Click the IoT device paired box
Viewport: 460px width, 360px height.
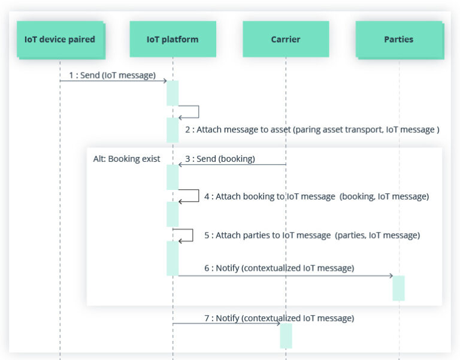pyautogui.click(x=60, y=40)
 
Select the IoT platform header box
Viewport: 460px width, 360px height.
pyautogui.click(x=172, y=39)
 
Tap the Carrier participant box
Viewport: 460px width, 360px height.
pyautogui.click(x=286, y=39)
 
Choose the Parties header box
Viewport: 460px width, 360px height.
pyautogui.click(x=400, y=40)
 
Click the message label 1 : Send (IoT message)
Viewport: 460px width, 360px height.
pyautogui.click(x=112, y=75)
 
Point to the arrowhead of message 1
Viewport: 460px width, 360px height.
pyautogui.click(x=165, y=81)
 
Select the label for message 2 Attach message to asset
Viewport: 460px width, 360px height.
pyautogui.click(x=312, y=129)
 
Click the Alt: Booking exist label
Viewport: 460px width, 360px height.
pyautogui.click(x=126, y=159)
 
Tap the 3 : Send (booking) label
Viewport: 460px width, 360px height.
pyautogui.click(x=220, y=159)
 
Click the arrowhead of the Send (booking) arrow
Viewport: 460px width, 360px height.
pyautogui.click(x=180, y=165)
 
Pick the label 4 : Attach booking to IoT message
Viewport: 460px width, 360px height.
pyautogui.click(x=316, y=196)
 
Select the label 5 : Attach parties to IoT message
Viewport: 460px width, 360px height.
pyautogui.click(x=312, y=235)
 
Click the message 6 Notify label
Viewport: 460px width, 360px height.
pyautogui.click(x=279, y=268)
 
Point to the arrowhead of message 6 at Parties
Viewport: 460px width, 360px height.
pyautogui.click(x=391, y=276)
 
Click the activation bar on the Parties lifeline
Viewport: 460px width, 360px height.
pyautogui.click(x=399, y=288)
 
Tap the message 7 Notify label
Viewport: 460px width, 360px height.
pyautogui.click(x=279, y=318)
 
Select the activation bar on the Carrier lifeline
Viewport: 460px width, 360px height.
pyautogui.click(x=286, y=336)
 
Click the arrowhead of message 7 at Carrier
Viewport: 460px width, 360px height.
pyautogui.click(x=279, y=323)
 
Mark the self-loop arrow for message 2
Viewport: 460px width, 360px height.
pyautogui.click(x=199, y=111)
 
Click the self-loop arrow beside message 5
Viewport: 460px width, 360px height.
pyautogui.click(x=192, y=235)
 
